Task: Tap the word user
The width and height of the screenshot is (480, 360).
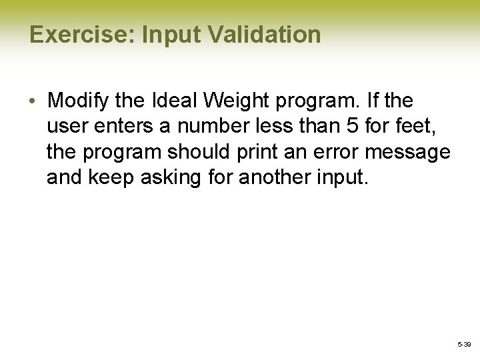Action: pyautogui.click(x=65, y=127)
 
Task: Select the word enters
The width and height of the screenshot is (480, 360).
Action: pyautogui.click(x=117, y=127)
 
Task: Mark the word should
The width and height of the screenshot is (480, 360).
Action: pyautogui.click(x=193, y=152)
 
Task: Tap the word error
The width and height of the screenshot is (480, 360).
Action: pyautogui.click(x=325, y=152)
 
